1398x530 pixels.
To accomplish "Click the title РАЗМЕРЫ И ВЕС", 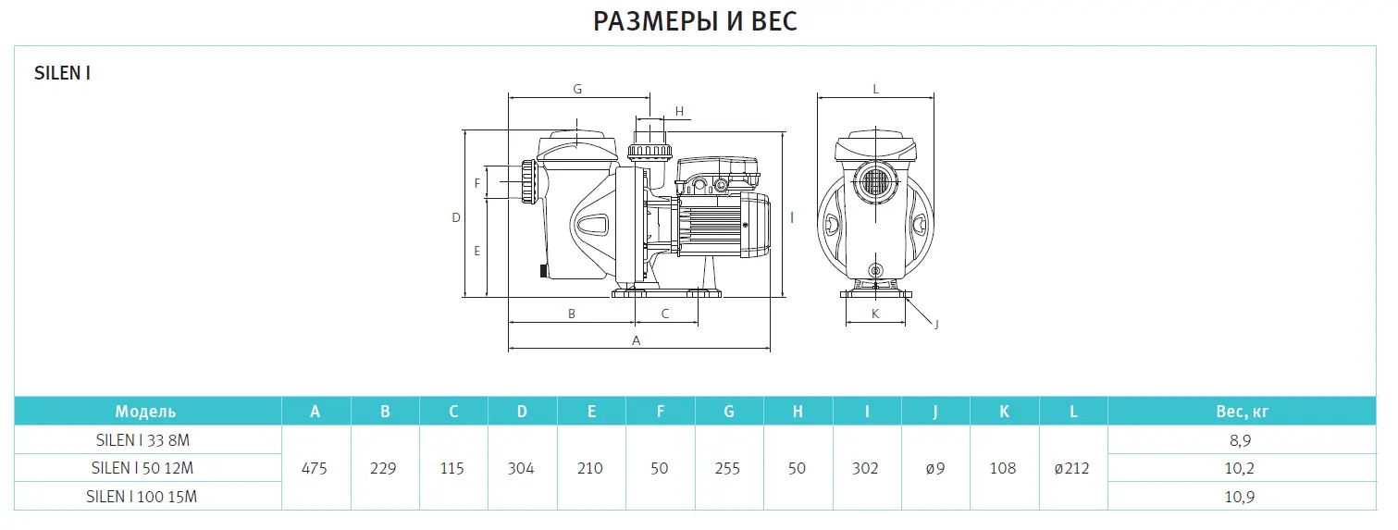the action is point(695,21).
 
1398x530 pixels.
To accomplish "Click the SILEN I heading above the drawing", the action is point(62,73).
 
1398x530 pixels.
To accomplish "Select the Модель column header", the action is point(145,412).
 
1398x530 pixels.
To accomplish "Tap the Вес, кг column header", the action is point(1242,412).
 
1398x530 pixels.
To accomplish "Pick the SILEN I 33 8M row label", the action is point(142,440).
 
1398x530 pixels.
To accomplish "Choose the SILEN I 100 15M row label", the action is point(142,497).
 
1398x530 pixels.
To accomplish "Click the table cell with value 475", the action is point(314,468).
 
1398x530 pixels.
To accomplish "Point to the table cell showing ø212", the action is point(1071,468).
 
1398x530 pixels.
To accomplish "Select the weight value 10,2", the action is point(1240,468).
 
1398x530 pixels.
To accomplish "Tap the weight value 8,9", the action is point(1240,440).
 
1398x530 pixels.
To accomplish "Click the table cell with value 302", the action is point(865,468).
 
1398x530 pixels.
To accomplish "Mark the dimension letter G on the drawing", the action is point(577,90).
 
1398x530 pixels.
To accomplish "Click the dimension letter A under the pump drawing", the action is point(636,340).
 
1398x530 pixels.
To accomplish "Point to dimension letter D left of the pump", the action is point(456,217).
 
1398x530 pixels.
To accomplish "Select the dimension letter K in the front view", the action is point(875,314).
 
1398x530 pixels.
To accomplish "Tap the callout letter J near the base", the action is point(935,324).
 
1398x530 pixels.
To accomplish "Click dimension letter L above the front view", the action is point(875,90).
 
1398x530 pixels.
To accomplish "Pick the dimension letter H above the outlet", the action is point(679,111).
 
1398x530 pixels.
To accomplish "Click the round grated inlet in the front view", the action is point(875,181).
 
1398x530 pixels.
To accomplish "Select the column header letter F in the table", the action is point(661,412).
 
